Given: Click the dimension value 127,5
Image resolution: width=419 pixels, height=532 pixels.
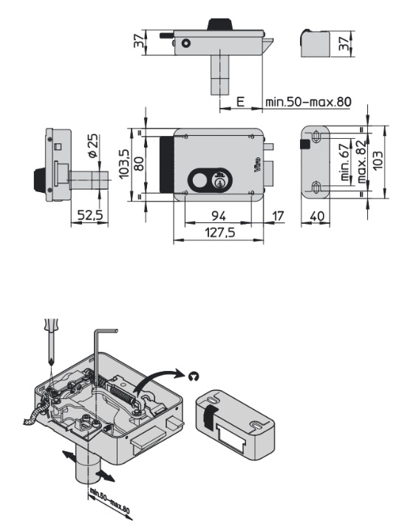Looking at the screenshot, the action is (219, 233).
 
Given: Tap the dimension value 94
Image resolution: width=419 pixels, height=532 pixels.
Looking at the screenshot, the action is (219, 216).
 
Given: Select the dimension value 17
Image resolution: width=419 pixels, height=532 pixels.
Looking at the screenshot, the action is (278, 216).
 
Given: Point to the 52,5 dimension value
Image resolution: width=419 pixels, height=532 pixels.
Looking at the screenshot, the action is (90, 215).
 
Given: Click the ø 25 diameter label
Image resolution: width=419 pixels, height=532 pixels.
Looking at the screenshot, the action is (92, 146).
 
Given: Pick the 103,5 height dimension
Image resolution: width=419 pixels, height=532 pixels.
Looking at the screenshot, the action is (124, 163).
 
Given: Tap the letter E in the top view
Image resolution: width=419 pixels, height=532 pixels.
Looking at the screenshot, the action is (240, 101).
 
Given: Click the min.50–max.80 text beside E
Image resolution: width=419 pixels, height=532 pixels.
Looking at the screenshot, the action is (308, 101).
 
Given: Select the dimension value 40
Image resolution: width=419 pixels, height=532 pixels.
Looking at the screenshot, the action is (317, 216).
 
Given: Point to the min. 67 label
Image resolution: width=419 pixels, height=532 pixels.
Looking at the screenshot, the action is (344, 162).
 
